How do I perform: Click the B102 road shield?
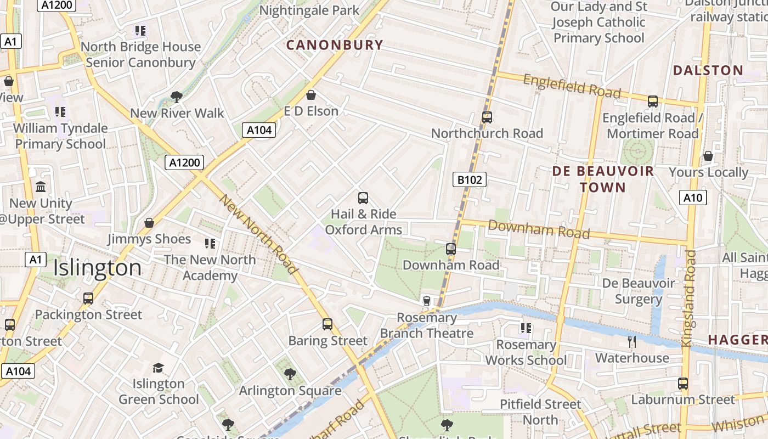[470, 179]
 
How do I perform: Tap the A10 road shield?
[693, 198]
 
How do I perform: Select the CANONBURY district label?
[335, 45]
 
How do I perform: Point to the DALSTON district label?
[708, 70]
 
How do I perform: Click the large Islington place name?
[98, 268]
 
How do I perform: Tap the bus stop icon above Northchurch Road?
[487, 117]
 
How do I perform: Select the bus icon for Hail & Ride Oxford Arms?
[363, 198]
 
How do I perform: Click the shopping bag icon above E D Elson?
[311, 95]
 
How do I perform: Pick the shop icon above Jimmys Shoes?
[149, 223]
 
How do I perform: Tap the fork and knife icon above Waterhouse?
[632, 342]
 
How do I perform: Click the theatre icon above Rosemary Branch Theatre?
[426, 301]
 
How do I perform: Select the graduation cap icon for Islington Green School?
[158, 368]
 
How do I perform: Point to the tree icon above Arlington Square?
[290, 374]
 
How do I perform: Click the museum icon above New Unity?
[41, 187]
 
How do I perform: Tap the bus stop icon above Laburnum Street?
[683, 384]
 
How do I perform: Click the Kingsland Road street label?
[688, 299]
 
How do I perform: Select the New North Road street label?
[258, 234]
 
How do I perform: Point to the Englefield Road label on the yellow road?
[572, 86]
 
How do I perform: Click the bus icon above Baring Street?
[327, 324]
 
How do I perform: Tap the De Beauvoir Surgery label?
[639, 291]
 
